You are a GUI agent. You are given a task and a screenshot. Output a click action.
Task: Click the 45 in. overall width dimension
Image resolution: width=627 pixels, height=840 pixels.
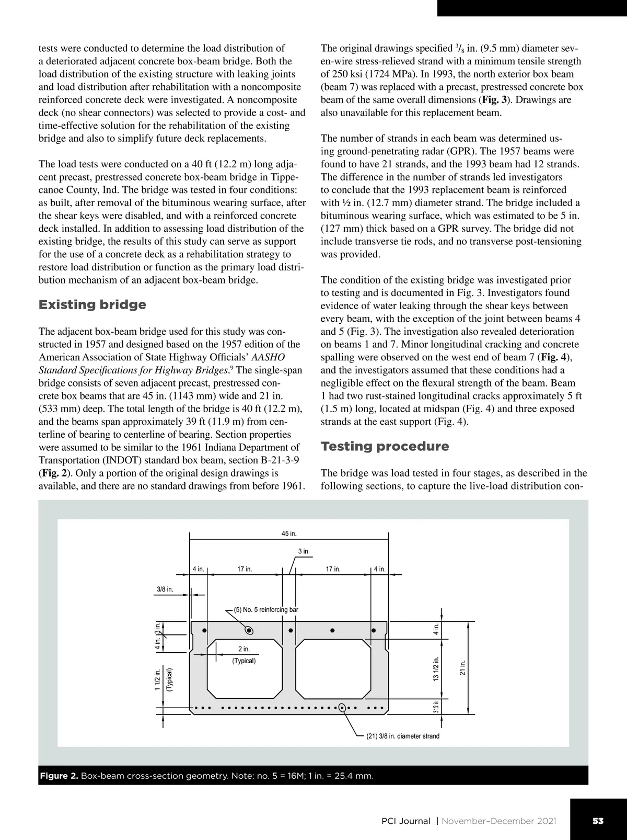coord(289,533)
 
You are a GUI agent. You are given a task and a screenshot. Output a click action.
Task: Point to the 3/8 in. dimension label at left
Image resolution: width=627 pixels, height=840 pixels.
coord(165,589)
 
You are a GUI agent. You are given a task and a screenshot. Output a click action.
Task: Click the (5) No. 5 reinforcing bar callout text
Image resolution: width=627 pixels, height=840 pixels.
coord(266,609)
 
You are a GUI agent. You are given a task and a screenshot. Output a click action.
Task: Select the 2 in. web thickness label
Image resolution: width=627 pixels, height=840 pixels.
coord(243,649)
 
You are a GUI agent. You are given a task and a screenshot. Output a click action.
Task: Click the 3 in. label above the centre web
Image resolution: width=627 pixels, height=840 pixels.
coord(304,551)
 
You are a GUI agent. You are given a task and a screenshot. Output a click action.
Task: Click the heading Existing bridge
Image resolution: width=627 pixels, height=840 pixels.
coord(92,304)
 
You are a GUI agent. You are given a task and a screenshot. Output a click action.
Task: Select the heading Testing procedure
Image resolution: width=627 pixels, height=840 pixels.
coord(385,446)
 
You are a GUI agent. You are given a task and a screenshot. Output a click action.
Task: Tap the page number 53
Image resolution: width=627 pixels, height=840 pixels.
coord(598,821)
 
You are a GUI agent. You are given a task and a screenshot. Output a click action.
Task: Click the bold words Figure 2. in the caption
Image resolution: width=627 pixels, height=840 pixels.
coord(59,775)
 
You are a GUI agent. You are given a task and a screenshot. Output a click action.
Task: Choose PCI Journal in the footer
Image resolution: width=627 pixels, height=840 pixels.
coord(406,821)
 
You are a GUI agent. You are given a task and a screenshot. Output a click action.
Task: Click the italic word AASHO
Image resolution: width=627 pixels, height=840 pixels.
coord(268,357)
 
